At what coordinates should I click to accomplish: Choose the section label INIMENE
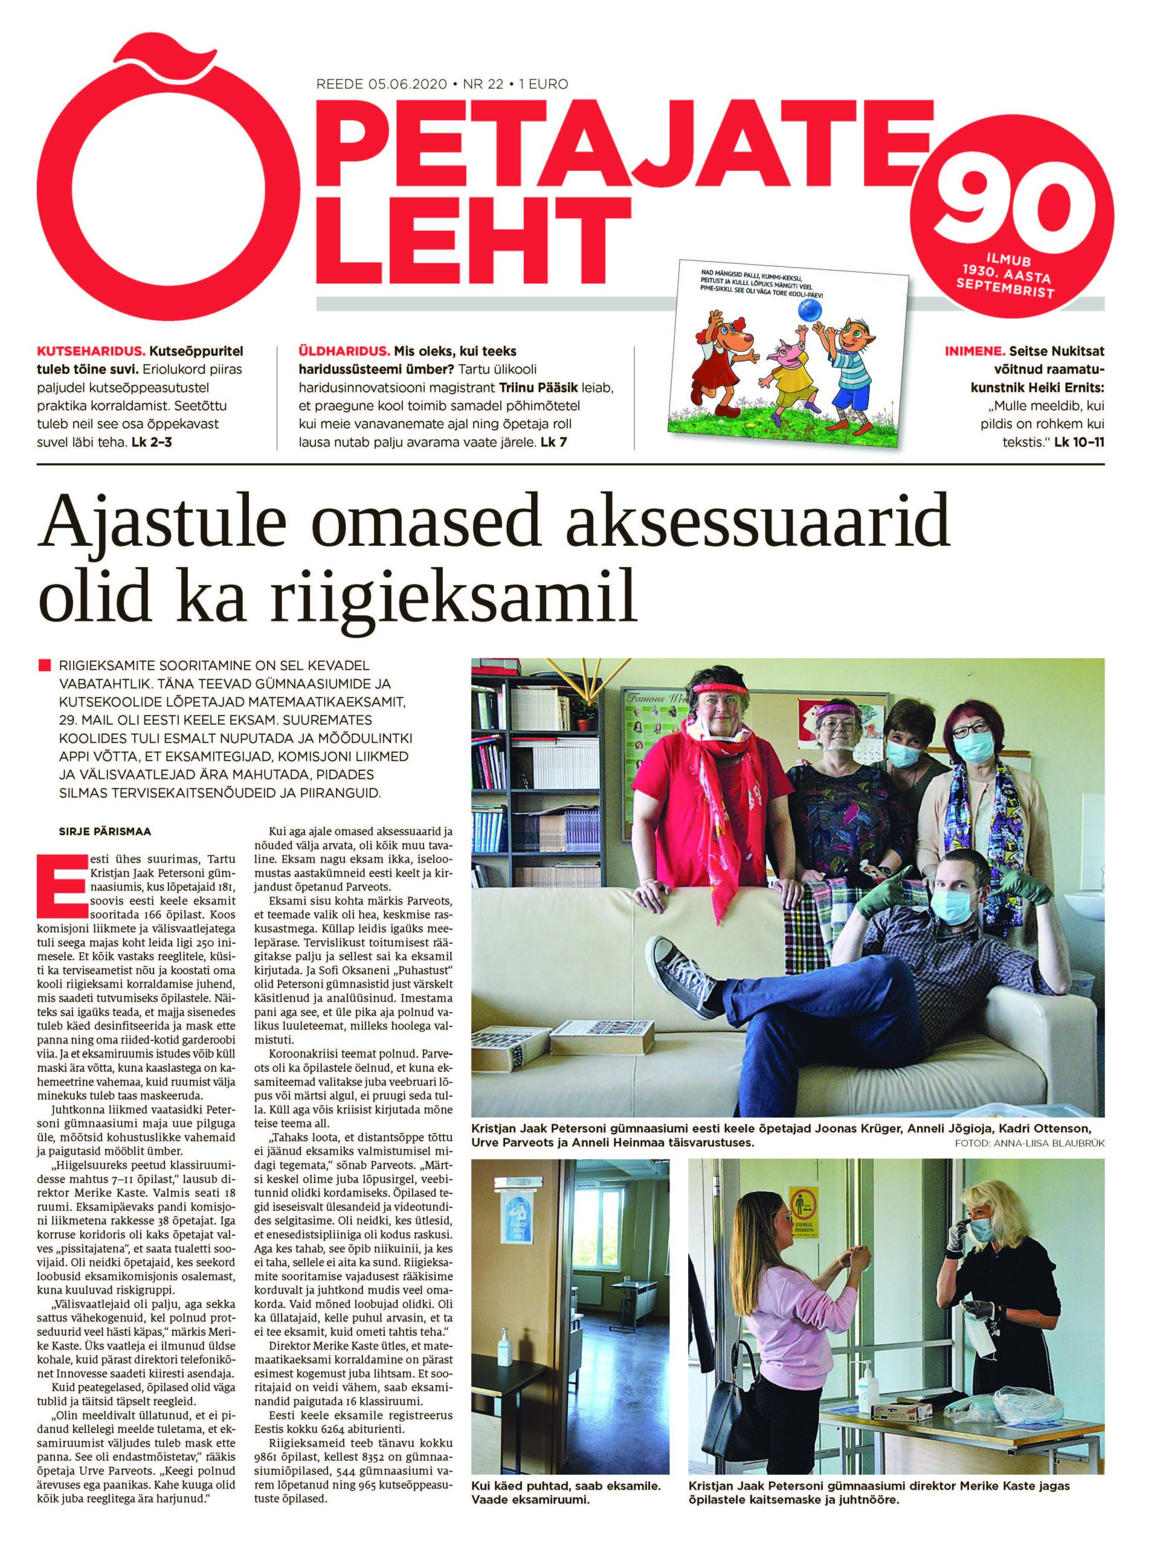point(973,351)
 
